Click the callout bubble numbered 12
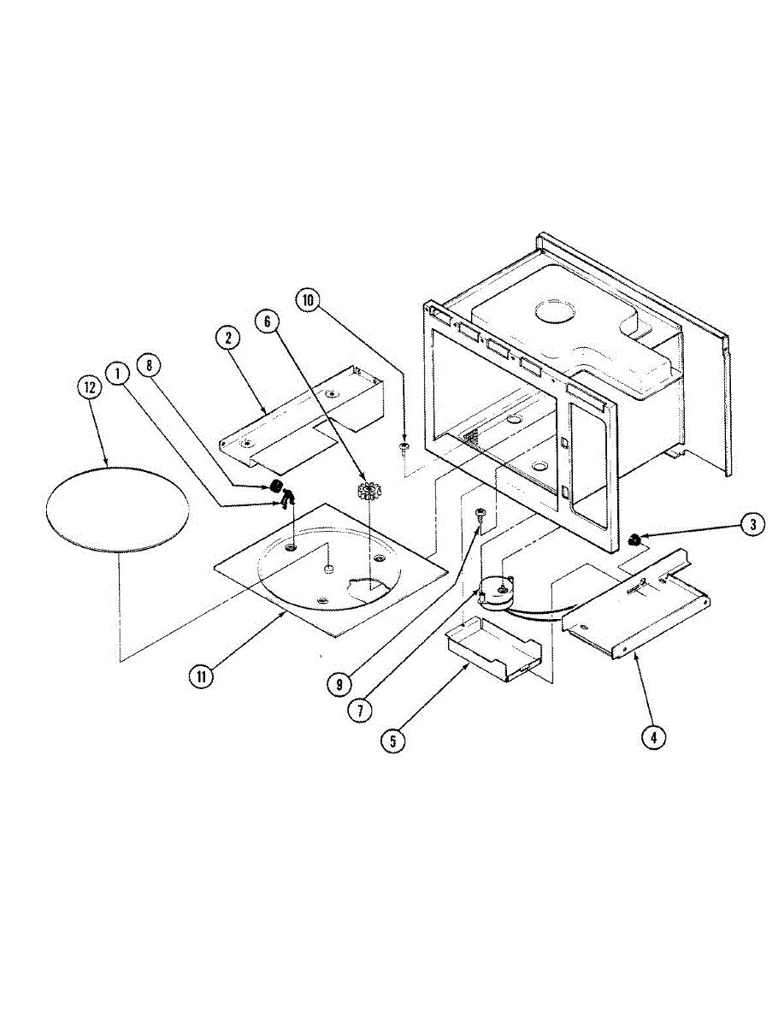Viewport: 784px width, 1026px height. [88, 386]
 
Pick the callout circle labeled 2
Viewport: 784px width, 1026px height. [228, 338]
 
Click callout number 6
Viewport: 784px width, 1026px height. [267, 321]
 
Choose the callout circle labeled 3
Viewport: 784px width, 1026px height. [752, 524]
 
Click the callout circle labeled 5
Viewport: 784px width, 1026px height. [392, 740]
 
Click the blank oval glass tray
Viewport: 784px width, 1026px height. [116, 508]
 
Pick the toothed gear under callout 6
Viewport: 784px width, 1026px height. [368, 494]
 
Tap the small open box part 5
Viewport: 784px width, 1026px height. [490, 651]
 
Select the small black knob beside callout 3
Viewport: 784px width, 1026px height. [635, 540]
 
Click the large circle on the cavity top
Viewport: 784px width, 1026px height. [557, 314]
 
